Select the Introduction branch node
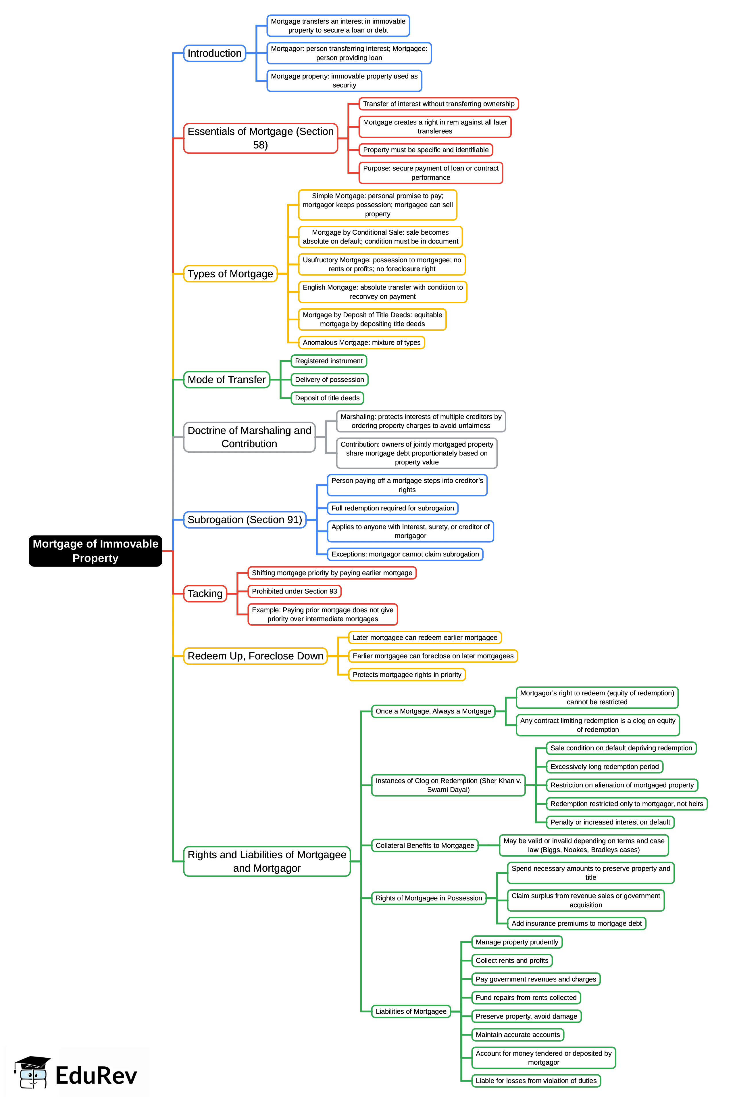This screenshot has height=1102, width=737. coord(214,53)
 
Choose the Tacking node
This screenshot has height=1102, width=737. coord(205,594)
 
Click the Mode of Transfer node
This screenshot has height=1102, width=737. coord(226,380)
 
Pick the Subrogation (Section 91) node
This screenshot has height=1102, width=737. coord(245,520)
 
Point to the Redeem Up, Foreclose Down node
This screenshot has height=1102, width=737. coord(255,656)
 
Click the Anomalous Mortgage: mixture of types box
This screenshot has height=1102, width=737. coord(361,343)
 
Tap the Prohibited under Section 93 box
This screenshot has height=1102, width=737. coord(294,591)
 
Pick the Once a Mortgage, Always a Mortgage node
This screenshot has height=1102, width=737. coord(433,711)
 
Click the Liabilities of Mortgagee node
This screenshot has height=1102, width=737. coord(411,1011)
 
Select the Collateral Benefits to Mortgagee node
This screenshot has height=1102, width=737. coord(424,845)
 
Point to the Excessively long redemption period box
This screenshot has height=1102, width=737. coord(605,767)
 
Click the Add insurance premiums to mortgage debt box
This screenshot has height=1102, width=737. coord(576,923)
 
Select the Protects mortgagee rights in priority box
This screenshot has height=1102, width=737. coord(407,674)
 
